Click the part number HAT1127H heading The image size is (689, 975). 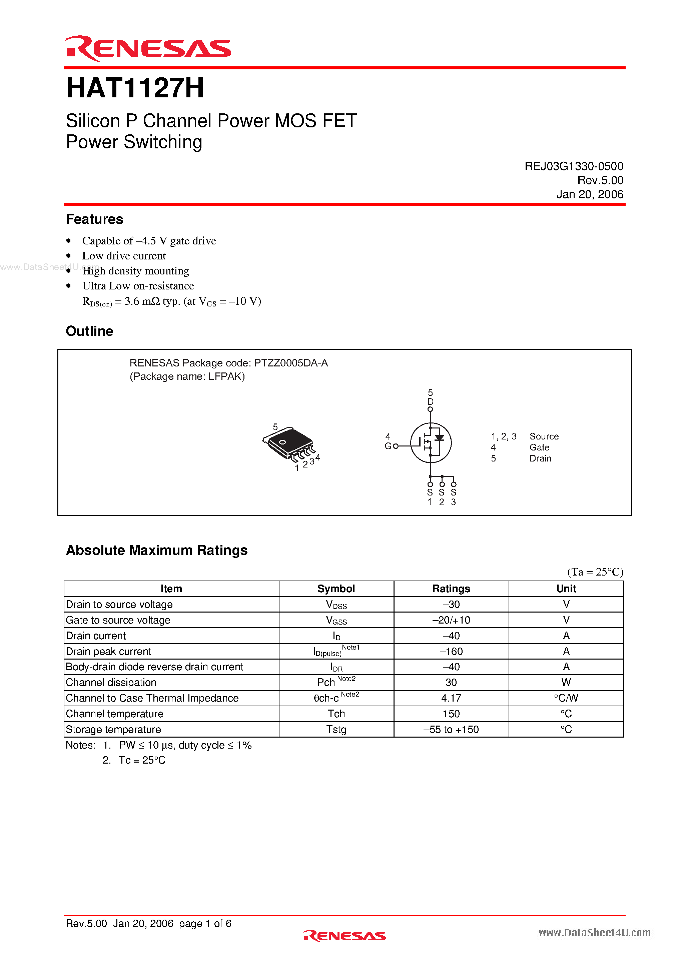pyautogui.click(x=135, y=88)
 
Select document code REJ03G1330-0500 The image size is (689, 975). pyautogui.click(x=574, y=166)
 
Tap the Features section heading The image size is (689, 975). pyautogui.click(x=94, y=219)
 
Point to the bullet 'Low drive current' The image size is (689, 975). pyautogui.click(x=124, y=256)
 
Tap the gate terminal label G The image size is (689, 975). pyautogui.click(x=388, y=446)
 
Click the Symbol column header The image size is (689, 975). pyautogui.click(x=336, y=589)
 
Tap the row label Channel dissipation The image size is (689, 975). pyautogui.click(x=111, y=683)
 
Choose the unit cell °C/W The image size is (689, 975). pyautogui.click(x=566, y=698)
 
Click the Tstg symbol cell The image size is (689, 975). pyautogui.click(x=336, y=730)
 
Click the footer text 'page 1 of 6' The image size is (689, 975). pyautogui.click(x=205, y=924)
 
